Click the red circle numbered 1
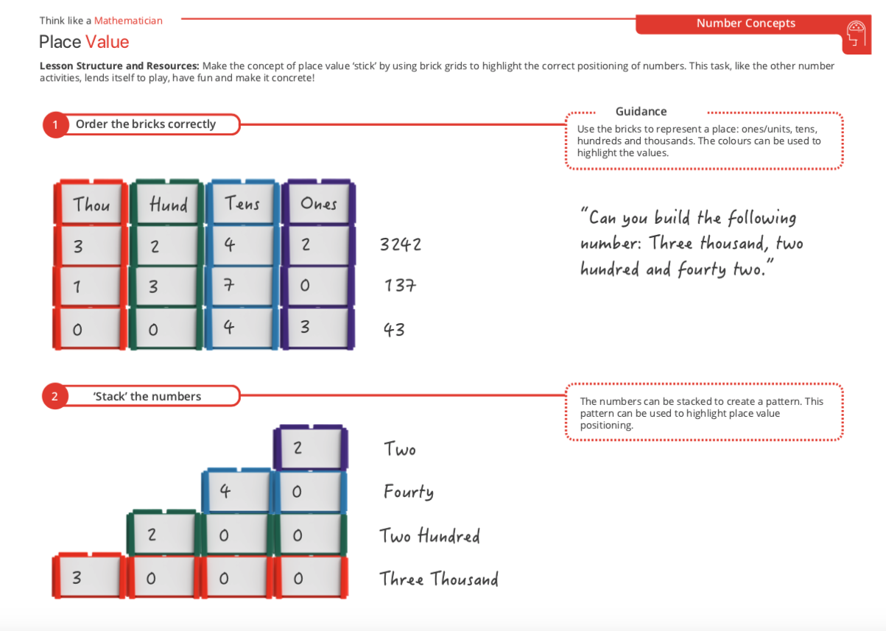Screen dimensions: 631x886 pyautogui.click(x=55, y=125)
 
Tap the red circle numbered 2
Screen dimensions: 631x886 pyautogui.click(x=55, y=397)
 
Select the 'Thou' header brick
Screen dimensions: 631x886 pyautogui.click(x=91, y=204)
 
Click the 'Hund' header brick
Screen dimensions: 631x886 pyautogui.click(x=167, y=204)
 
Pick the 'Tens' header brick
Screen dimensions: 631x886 pyautogui.click(x=243, y=203)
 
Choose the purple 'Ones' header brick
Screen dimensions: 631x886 pyautogui.click(x=318, y=203)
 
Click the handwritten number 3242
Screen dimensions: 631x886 pyautogui.click(x=401, y=244)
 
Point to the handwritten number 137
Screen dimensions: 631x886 pyautogui.click(x=400, y=286)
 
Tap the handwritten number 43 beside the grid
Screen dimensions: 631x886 pyautogui.click(x=394, y=329)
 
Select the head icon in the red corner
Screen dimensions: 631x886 pyautogui.click(x=856, y=34)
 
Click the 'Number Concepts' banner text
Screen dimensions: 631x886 pyautogui.click(x=745, y=24)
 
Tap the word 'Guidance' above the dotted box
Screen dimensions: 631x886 pyautogui.click(x=641, y=112)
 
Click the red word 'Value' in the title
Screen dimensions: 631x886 pyautogui.click(x=107, y=42)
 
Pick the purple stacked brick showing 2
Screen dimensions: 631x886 pyautogui.click(x=309, y=448)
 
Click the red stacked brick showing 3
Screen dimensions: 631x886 pyautogui.click(x=87, y=578)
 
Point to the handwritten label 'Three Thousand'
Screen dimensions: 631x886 pyautogui.click(x=439, y=579)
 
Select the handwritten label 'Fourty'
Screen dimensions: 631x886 pyautogui.click(x=408, y=491)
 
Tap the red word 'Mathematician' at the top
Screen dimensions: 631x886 pyautogui.click(x=128, y=21)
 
